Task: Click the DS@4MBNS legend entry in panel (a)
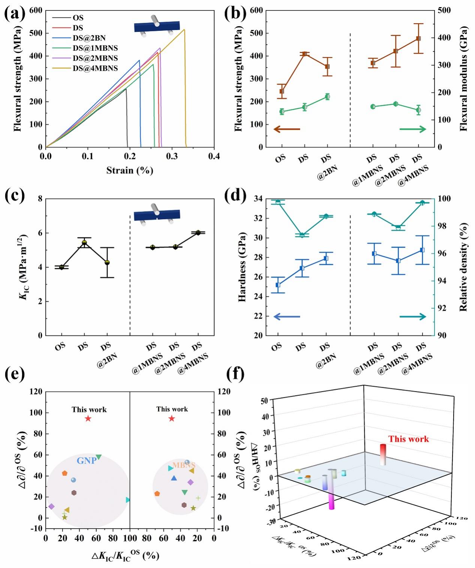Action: coord(95,68)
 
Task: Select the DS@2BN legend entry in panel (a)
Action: coord(89,38)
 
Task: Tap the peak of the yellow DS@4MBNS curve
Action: coord(184,30)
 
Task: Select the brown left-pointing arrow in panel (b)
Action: coord(287,129)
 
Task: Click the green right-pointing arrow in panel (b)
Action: coord(413,129)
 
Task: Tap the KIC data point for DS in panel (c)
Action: coord(84,242)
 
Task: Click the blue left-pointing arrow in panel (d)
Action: coord(287,317)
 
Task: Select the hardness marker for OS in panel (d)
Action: coord(278,285)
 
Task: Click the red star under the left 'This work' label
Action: coord(88,419)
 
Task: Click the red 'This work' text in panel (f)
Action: coord(408,439)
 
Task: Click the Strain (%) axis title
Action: coord(130,171)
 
